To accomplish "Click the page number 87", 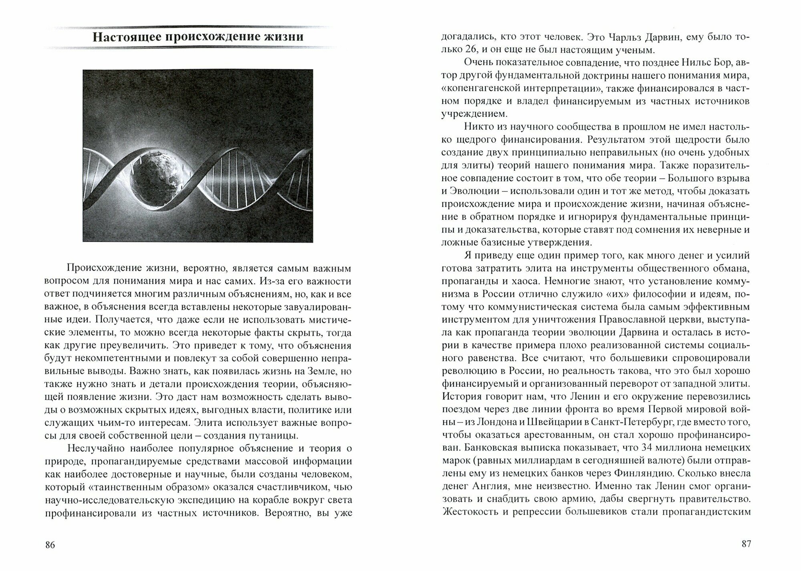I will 746,544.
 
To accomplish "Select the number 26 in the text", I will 475,50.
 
